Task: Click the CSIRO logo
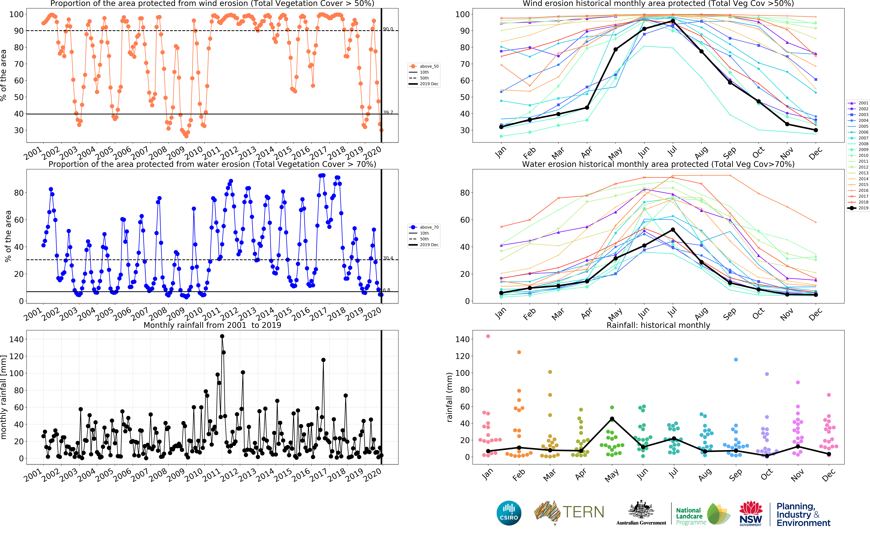pyautogui.click(x=509, y=513)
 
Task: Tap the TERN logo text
pyautogui.click(x=583, y=512)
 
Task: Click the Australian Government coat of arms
pyautogui.click(x=641, y=510)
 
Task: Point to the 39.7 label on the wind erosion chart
pyautogui.click(x=388, y=112)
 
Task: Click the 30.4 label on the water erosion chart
pyautogui.click(x=388, y=258)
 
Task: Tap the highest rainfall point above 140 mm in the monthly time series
pyautogui.click(x=222, y=336)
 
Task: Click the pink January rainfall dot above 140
pyautogui.click(x=488, y=336)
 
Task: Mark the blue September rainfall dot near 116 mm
pyautogui.click(x=736, y=359)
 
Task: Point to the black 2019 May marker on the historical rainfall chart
pyautogui.click(x=612, y=419)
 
